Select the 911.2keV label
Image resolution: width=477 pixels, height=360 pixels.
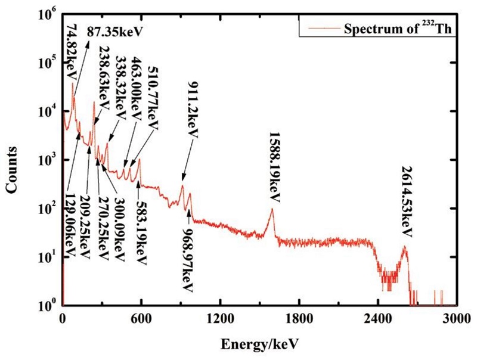coord(193,109)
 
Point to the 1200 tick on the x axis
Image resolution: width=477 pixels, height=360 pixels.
coord(220,318)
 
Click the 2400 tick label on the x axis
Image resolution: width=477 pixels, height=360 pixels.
coord(378,318)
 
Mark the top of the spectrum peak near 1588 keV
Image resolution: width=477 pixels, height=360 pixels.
coord(272,209)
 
